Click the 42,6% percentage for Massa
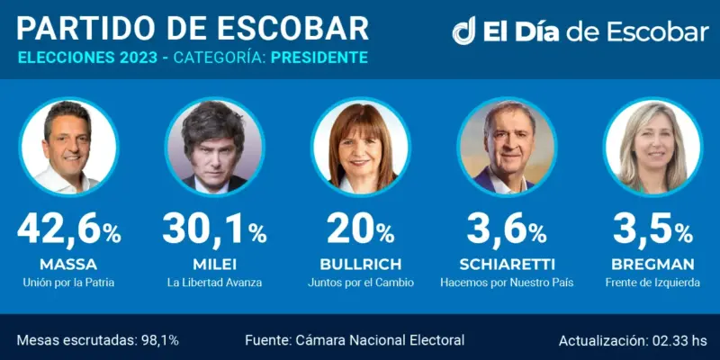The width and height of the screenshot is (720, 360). tap(68, 231)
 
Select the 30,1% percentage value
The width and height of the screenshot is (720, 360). tap(215, 231)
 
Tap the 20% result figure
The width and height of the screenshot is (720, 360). tap(360, 231)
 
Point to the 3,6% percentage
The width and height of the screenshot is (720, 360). tap(506, 231)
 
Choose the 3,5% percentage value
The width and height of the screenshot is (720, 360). tap(652, 231)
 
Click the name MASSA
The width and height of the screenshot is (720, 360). tap(68, 265)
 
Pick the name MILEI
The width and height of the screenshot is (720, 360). tap(215, 265)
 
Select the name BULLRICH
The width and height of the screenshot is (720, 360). tap(360, 265)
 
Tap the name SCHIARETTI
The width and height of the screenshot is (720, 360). tap(506, 265)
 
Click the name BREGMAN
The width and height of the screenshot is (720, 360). tap(652, 265)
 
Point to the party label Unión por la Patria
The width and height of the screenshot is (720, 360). tap(68, 283)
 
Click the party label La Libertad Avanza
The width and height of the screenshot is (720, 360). tap(215, 283)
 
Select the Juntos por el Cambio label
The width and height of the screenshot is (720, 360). tap(360, 283)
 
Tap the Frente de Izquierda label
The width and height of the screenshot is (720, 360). tap(652, 283)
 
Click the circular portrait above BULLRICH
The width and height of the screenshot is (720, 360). tap(360, 146)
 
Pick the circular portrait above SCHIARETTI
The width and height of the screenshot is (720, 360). tap(506, 146)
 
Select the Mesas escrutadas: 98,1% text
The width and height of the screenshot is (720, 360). tap(98, 340)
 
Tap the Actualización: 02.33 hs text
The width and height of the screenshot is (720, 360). tap(633, 340)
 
